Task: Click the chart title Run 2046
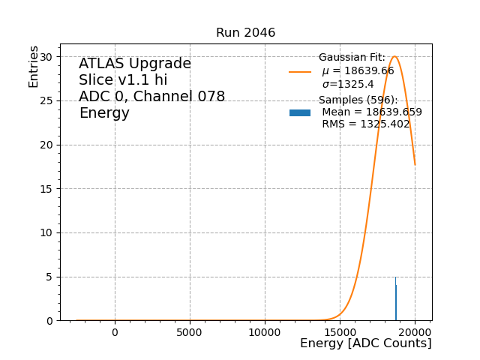point(245,33)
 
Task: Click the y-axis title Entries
point(34,67)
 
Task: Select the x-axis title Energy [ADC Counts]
point(365,343)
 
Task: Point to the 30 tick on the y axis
point(46,57)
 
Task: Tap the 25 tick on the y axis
point(46,100)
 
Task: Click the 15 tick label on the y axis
point(46,189)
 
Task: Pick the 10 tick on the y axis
point(46,232)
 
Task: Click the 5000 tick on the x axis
point(190,332)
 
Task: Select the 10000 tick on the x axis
point(265,332)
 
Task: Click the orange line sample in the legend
point(300,72)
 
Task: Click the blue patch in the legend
point(300,112)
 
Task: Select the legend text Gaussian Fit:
point(352,58)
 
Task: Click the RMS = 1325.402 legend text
point(366,124)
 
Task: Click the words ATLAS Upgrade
point(135,64)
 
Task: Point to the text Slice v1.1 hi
point(123,80)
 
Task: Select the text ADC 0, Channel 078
point(151,97)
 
